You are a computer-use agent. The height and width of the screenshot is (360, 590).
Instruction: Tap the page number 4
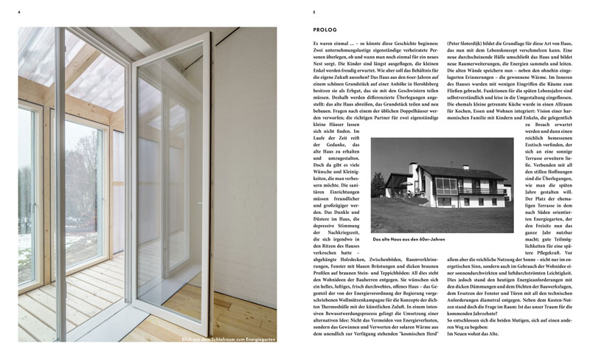pyautogui.click(x=19, y=12)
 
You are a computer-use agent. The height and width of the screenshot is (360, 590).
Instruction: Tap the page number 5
pyautogui.click(x=314, y=12)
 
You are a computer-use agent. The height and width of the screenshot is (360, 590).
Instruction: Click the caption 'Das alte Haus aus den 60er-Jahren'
pyautogui.click(x=409, y=238)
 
